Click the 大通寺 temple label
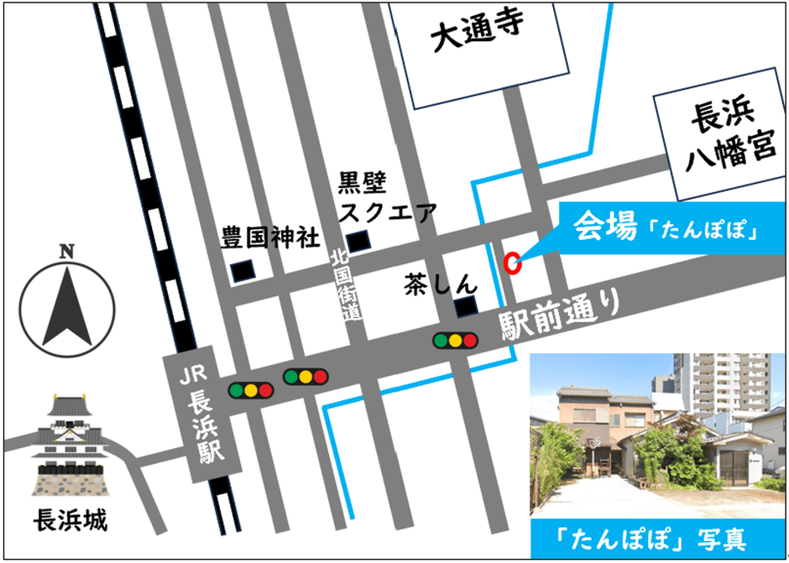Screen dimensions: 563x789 (476, 34)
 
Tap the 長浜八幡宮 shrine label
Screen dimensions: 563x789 (724, 138)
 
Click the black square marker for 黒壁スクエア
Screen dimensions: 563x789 (358, 241)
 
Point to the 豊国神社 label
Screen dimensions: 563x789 (270, 237)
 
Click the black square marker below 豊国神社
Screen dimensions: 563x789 (242, 271)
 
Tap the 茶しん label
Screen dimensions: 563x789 (441, 284)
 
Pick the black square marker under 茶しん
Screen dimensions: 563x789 (464, 308)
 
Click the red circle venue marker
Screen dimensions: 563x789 (512, 263)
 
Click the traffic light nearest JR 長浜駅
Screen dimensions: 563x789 (251, 390)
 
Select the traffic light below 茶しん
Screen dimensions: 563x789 (454, 341)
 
